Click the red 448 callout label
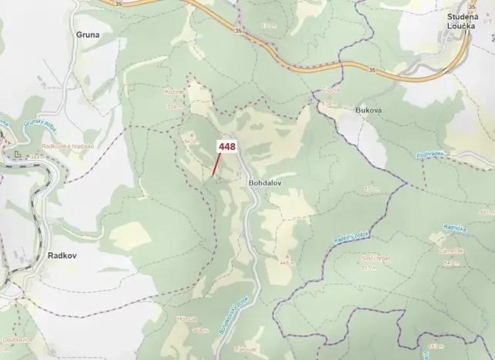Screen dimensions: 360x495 pyautogui.click(x=227, y=146)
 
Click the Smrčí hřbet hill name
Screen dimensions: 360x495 pyautogui.click(x=376, y=259)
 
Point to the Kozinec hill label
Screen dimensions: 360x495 pyautogui.click(x=175, y=91)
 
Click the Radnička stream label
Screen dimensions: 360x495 pyautogui.click(x=455, y=228)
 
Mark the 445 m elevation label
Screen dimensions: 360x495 pyautogui.click(x=288, y=262)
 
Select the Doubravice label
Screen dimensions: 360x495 pyautogui.click(x=16, y=338)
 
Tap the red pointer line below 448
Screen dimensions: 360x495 pyautogui.click(x=218, y=165)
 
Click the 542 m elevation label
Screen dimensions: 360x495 pyautogui.click(x=192, y=142)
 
